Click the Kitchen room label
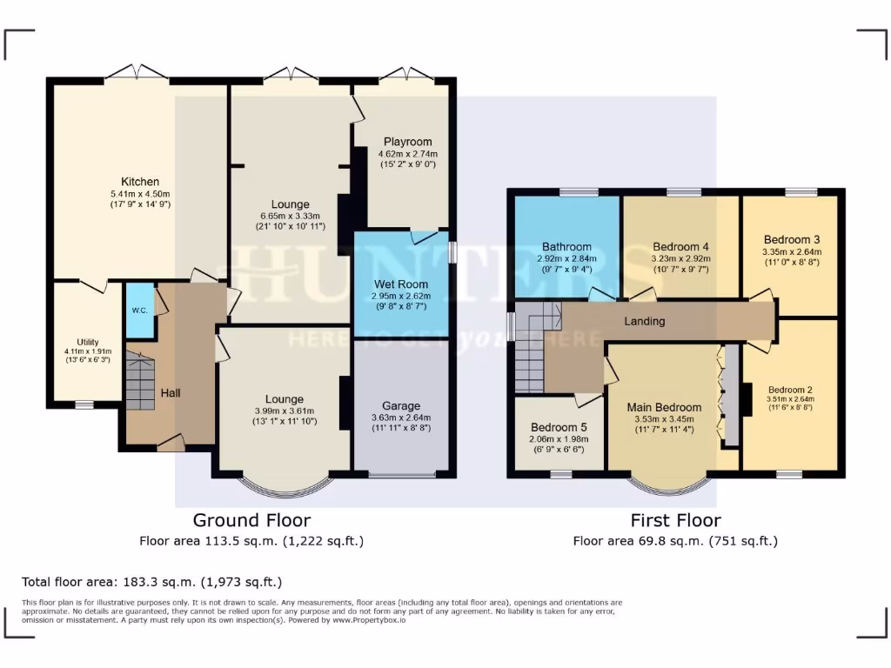click(x=140, y=181)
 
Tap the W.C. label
click(x=138, y=310)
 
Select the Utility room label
click(x=88, y=343)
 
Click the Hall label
click(x=171, y=393)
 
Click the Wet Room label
click(x=401, y=284)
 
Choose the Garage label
click(x=401, y=405)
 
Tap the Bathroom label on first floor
click(x=566, y=246)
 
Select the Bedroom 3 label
click(x=792, y=239)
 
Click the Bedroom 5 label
click(x=559, y=428)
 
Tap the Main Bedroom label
click(x=666, y=407)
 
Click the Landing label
click(x=645, y=321)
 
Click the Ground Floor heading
click(x=251, y=520)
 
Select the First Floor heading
click(x=675, y=520)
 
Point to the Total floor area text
click(x=152, y=582)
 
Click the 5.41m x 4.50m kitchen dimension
click(x=140, y=193)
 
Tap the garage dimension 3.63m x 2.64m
click(x=401, y=417)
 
